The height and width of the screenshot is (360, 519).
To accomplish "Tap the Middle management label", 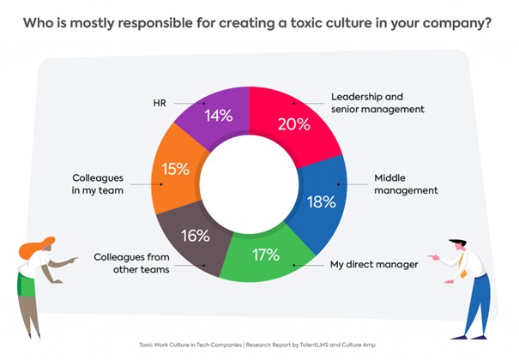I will (402, 185).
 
